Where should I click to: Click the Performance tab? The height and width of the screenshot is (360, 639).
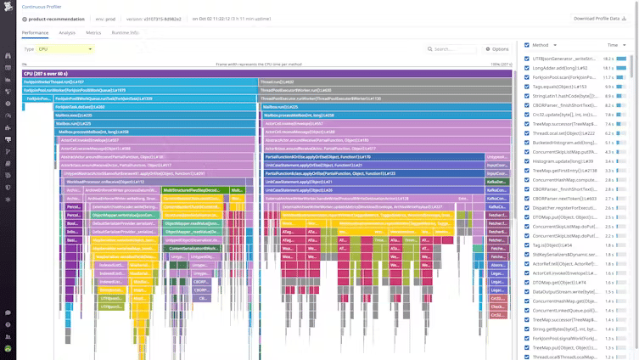click(35, 32)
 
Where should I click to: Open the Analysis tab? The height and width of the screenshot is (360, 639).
click(67, 32)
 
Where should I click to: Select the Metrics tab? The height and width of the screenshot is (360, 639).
click(93, 32)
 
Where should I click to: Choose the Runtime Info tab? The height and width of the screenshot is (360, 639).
click(125, 32)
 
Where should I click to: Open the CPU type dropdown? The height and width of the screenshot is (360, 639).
click(64, 49)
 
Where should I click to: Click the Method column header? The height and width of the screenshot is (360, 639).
click(541, 45)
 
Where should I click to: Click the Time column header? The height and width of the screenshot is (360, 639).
click(612, 45)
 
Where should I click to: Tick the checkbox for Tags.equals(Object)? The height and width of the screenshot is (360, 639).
click(527, 87)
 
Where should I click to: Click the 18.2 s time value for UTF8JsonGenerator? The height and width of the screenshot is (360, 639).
click(608, 59)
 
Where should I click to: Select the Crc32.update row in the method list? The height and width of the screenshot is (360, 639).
click(560, 114)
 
